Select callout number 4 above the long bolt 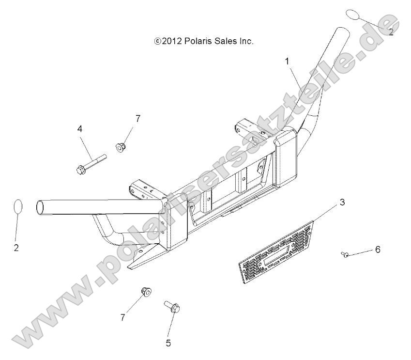80,129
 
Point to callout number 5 168,343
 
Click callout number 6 378,250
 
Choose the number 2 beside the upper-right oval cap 391,32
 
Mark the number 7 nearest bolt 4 138,118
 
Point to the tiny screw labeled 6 345,254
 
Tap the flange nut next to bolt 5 145,291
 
